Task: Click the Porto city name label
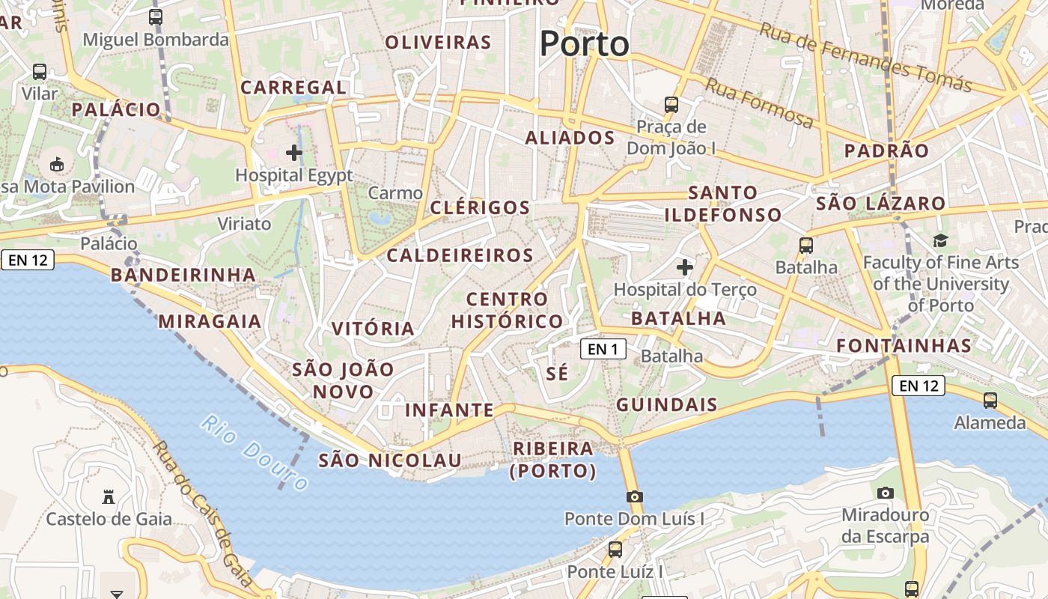pos(584,43)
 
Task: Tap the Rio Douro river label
pos(255,453)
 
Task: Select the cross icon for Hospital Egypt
pos(294,153)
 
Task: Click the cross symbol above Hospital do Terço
pos(684,267)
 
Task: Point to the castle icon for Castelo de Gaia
pos(109,496)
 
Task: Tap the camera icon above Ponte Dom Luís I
pos(634,496)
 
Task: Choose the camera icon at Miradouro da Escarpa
pos(885,493)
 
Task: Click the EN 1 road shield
pos(603,349)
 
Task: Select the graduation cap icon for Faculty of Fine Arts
pos(940,240)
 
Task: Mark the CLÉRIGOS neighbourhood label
pos(480,207)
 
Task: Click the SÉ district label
pos(558,373)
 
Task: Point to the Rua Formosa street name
pos(758,103)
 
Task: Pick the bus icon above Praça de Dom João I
pos(671,104)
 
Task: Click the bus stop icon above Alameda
pos(990,401)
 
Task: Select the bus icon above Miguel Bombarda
pos(156,16)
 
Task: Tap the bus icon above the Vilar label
pos(40,72)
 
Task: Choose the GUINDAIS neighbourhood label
pos(666,405)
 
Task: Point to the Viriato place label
pos(244,223)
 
